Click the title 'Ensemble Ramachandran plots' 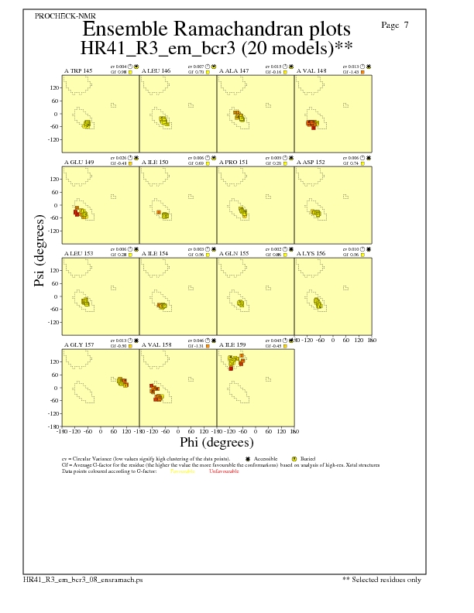point(215,29)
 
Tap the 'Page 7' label point(395,25)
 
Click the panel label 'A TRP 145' point(77,70)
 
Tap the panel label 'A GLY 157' point(78,344)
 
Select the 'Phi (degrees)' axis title point(217,443)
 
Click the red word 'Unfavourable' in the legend point(224,471)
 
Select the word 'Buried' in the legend point(307,459)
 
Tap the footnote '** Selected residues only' point(382,579)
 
